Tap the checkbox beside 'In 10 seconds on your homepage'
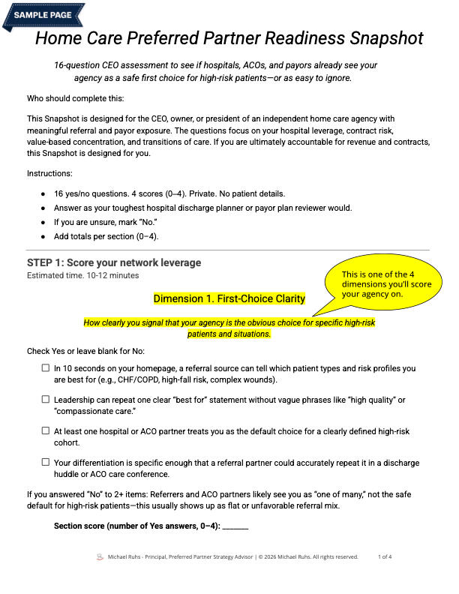(x=46, y=368)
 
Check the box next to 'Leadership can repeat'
(x=46, y=400)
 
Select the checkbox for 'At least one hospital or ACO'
(x=46, y=432)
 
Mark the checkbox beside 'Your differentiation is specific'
(x=46, y=463)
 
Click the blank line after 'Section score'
(x=235, y=526)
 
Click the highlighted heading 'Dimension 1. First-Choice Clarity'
(x=229, y=298)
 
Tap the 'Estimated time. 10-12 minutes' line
(x=82, y=275)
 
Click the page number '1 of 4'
(x=385, y=556)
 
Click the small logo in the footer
(x=100, y=556)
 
